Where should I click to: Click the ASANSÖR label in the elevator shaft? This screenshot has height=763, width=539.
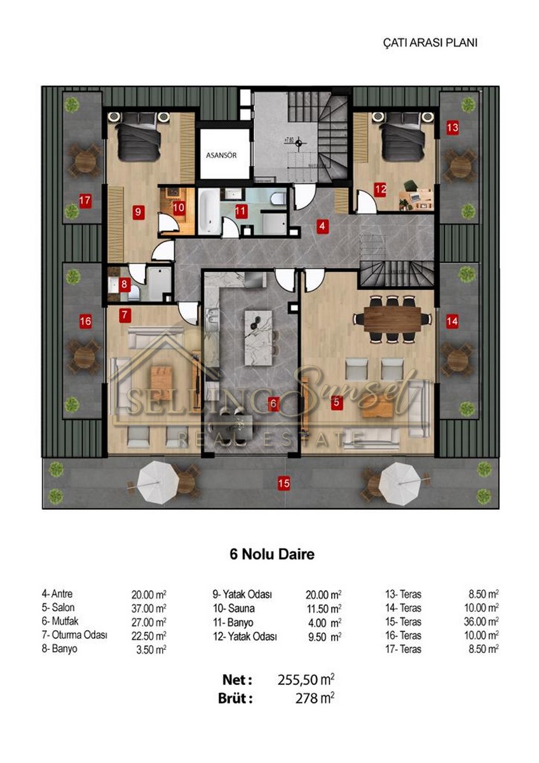tap(221, 155)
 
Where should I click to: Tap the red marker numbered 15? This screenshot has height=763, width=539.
tap(283, 483)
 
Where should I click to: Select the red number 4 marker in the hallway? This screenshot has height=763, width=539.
tap(322, 226)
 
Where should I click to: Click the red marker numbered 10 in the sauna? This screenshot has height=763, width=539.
tap(179, 207)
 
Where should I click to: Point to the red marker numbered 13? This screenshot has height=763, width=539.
tap(453, 128)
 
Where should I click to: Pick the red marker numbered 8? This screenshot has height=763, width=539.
tap(124, 284)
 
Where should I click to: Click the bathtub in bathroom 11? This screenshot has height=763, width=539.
tap(209, 212)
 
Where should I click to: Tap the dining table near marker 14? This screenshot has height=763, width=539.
tap(393, 319)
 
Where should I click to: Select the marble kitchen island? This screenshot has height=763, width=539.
tap(259, 338)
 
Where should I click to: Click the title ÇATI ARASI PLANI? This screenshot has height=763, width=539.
tap(430, 43)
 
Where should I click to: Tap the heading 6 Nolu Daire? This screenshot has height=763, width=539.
tap(272, 554)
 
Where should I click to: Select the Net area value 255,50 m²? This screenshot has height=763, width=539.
tap(306, 680)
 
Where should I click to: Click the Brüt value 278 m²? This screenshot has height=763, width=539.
tap(315, 698)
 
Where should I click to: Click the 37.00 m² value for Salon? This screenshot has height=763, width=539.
tap(149, 608)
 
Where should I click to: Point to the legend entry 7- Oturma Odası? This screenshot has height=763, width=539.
tap(74, 635)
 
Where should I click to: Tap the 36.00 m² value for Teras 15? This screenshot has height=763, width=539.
tap(481, 622)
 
